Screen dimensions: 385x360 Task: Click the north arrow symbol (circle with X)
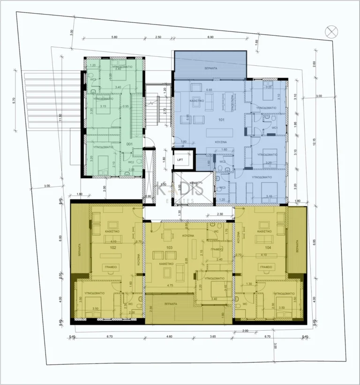tap(331, 32)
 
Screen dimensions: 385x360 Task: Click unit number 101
tap(222, 120)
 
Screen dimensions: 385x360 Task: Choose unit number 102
tap(113, 247)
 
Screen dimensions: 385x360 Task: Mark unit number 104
tap(268, 247)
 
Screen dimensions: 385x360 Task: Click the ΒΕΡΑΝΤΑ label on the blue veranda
tap(210, 68)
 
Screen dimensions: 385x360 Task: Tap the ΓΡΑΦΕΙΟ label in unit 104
tap(265, 265)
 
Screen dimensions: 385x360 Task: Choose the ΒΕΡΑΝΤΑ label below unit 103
tap(171, 304)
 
